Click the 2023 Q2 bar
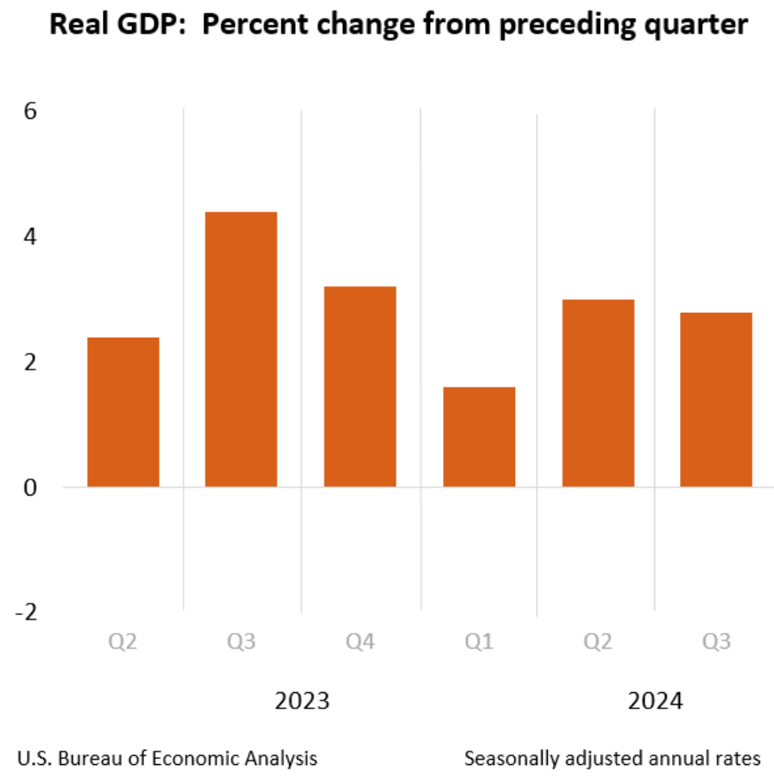coord(123,412)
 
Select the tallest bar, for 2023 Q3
coord(241,349)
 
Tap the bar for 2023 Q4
coord(360,386)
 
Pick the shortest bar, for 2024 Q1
coord(479,437)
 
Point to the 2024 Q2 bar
coord(598,394)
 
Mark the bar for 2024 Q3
coord(715,400)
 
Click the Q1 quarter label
coord(479,641)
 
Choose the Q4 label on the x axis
coord(360,641)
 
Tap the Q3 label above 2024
coord(715,641)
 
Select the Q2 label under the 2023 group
coord(123,641)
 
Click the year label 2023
coord(301,701)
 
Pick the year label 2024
coord(656,701)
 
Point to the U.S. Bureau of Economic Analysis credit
coord(167,759)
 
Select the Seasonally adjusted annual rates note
coord(612,759)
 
